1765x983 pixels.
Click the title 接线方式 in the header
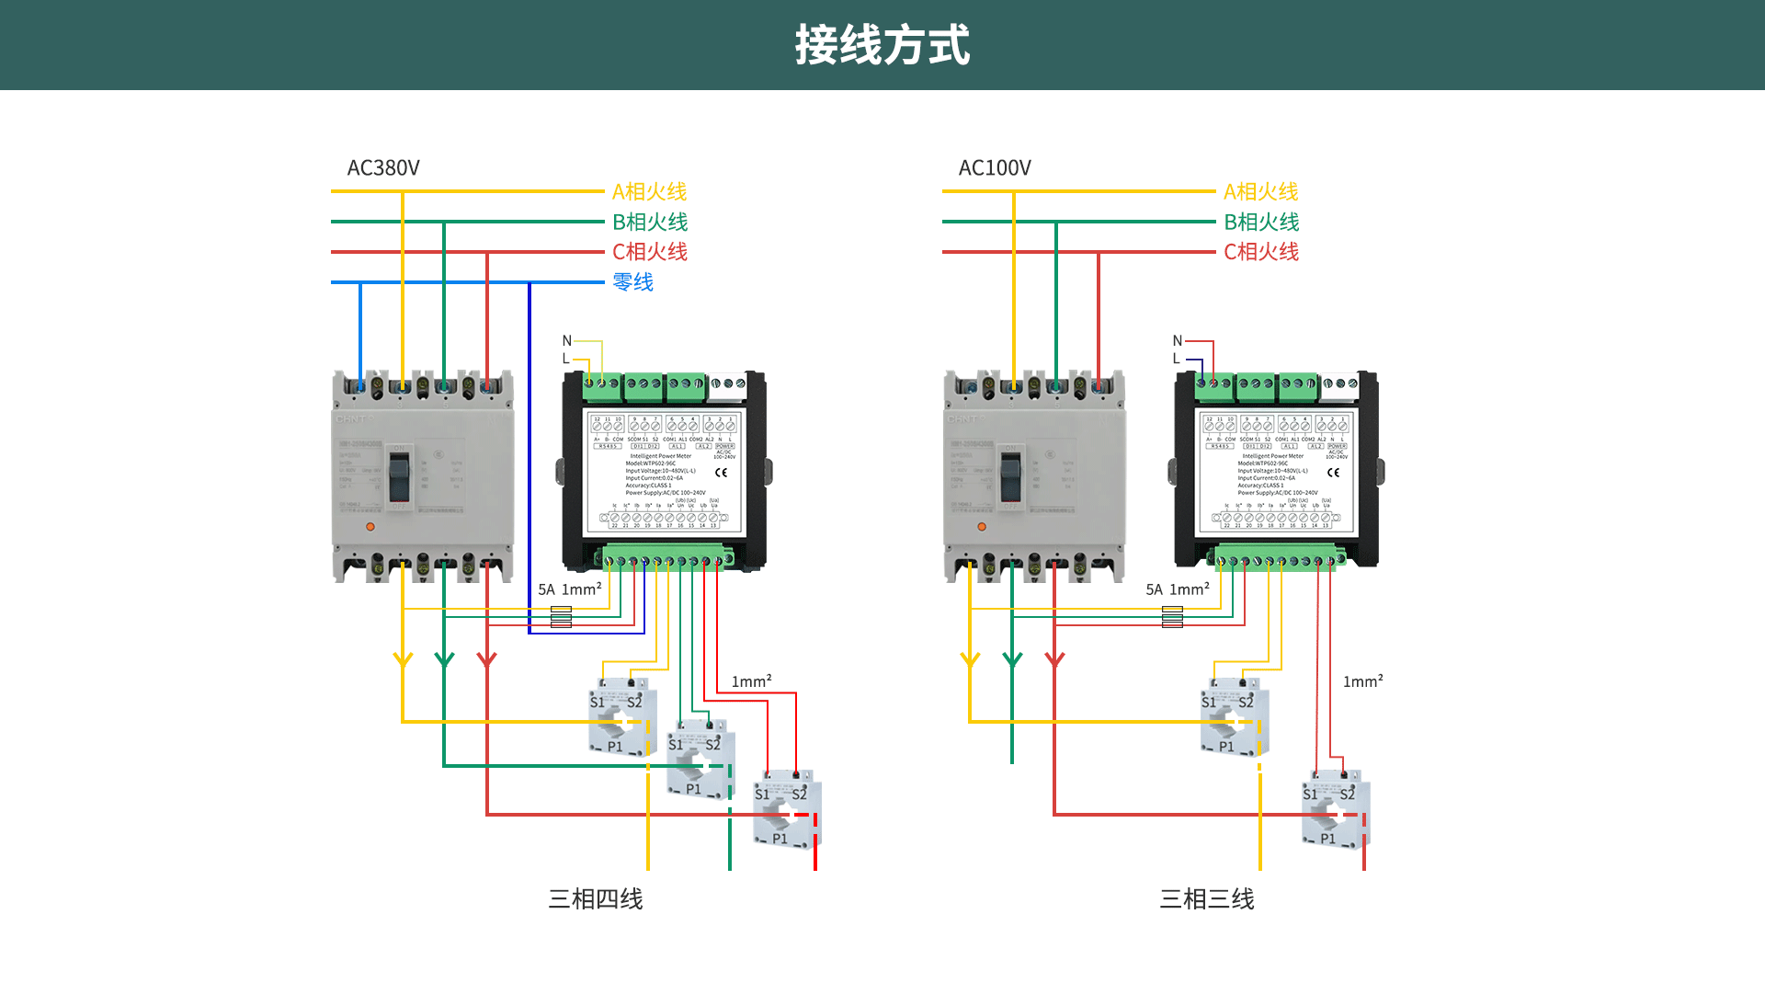[882, 45]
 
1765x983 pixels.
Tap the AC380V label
[382, 168]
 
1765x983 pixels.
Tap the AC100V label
[994, 168]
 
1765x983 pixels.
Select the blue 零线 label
[632, 282]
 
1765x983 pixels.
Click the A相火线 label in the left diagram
[649, 192]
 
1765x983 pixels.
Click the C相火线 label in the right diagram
[1260, 252]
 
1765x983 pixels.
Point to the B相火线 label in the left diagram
[649, 223]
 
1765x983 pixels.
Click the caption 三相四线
[595, 898]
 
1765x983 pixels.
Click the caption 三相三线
[1206, 898]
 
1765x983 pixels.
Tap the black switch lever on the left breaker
[399, 475]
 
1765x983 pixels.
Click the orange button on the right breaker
[982, 527]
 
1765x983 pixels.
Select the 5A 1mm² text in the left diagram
[569, 589]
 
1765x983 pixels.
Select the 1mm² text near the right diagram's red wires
[1362, 681]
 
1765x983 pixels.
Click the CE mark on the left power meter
[721, 473]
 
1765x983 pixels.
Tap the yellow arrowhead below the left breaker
[403, 659]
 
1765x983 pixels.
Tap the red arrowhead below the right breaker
[1054, 659]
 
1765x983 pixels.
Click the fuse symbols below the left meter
[561, 617]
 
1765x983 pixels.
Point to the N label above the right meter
[1178, 340]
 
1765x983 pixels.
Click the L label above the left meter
[565, 359]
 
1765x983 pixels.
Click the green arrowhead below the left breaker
[444, 659]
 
